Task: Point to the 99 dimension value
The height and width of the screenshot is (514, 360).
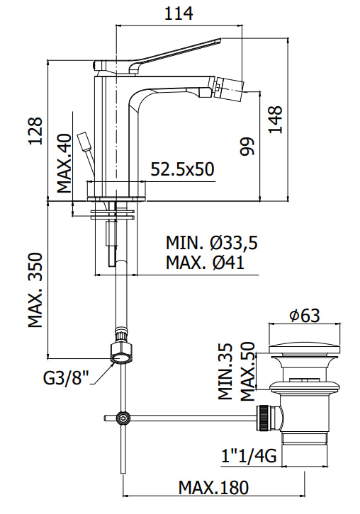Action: pos(247,147)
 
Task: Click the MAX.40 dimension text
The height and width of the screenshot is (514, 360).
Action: pos(65,164)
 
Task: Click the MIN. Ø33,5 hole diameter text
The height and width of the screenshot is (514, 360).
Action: pos(212,243)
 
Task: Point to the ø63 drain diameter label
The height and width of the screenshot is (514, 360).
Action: pos(304,316)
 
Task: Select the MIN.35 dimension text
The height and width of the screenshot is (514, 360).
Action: pos(225,371)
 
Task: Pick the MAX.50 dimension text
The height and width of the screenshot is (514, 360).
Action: pos(247,371)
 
